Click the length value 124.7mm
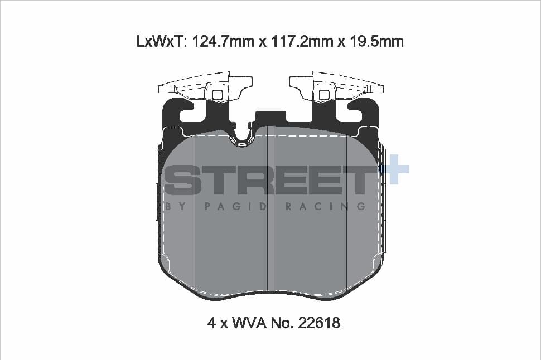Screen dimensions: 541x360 222,42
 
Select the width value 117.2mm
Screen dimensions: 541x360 303,42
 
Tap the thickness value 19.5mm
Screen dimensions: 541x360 377,42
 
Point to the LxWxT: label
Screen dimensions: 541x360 162,42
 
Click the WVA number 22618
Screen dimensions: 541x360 318,323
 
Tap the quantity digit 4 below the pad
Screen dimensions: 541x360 212,323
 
